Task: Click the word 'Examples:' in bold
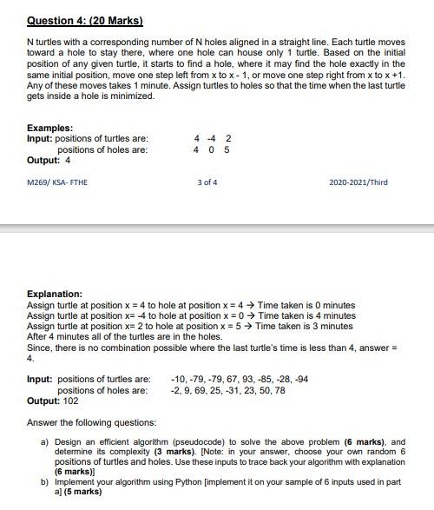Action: point(50,128)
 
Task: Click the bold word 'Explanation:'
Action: point(55,295)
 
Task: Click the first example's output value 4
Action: point(68,160)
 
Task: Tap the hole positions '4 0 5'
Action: point(212,149)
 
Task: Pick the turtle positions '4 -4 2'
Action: point(213,138)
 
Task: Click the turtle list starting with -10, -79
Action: point(240,380)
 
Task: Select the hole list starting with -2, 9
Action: point(228,390)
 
